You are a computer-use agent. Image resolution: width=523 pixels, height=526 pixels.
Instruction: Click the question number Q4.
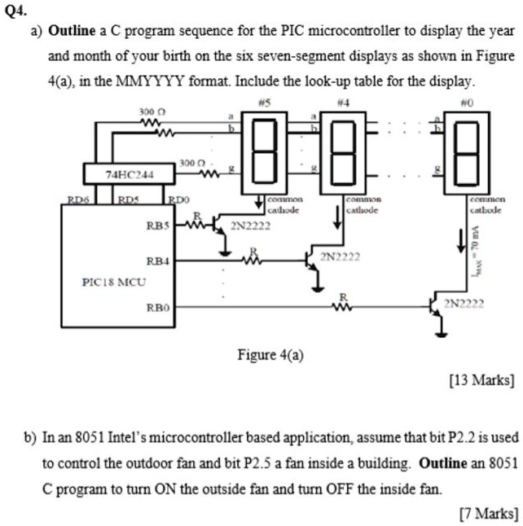pos(13,10)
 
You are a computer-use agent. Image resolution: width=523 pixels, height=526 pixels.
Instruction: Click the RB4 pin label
pos(157,261)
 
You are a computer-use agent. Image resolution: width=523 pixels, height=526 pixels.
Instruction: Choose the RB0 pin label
pos(157,308)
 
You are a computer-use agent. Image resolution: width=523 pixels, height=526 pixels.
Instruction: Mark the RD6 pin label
pos(78,198)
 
